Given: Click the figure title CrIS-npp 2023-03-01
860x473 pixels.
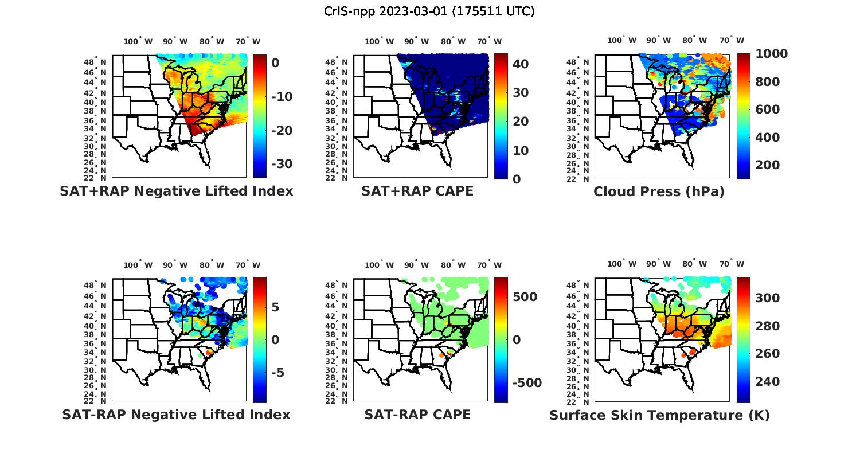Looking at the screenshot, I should tap(429, 11).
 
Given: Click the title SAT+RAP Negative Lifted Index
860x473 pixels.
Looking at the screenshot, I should tap(176, 191).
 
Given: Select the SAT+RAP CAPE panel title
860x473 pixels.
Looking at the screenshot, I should tap(417, 191).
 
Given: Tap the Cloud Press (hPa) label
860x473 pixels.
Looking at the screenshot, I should tap(659, 191).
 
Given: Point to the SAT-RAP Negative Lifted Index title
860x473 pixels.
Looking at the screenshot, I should tap(176, 415).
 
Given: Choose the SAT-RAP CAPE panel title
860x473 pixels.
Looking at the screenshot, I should tap(417, 415).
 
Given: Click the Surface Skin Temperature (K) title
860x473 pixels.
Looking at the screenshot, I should tap(659, 415).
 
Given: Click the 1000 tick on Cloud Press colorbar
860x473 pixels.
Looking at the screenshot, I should tap(771, 54).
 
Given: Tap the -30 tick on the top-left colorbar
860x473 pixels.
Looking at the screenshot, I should tap(281, 164).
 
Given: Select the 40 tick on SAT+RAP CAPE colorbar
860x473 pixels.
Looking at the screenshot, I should tap(521, 64).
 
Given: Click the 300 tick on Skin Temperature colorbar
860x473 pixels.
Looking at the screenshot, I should tap(767, 298).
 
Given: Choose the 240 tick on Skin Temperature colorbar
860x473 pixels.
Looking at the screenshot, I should tap(767, 382).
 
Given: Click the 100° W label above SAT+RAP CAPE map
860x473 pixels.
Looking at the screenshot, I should tap(379, 41).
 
